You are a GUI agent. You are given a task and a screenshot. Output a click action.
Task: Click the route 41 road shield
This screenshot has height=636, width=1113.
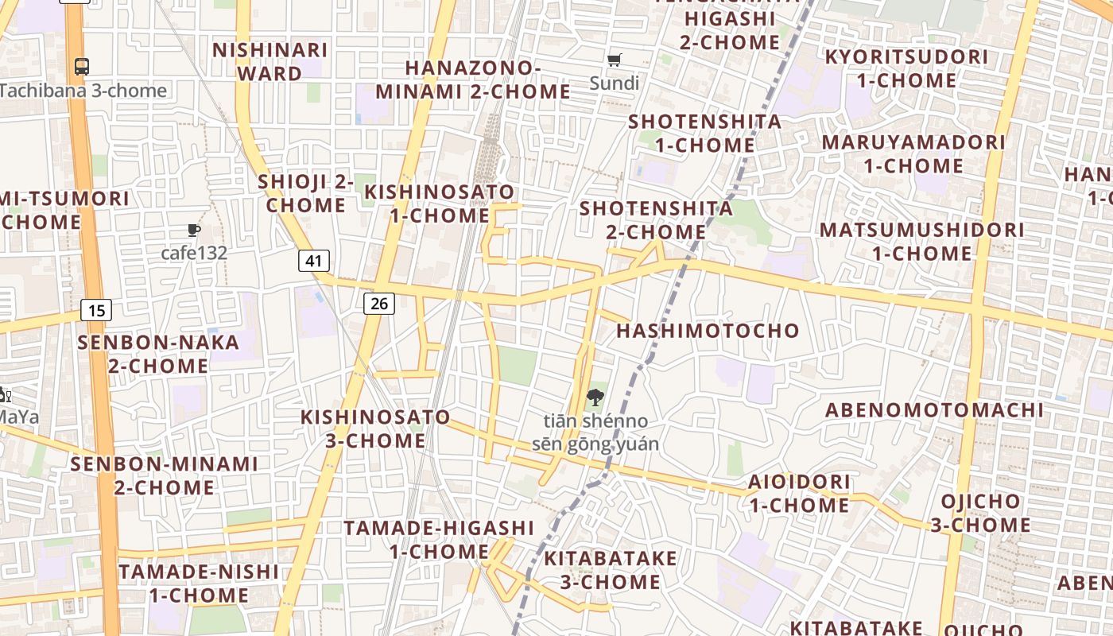point(314,260)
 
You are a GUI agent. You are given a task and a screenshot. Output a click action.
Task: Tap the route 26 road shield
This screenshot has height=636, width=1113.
point(380,303)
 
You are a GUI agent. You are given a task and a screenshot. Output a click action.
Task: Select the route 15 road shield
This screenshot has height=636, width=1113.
point(96,310)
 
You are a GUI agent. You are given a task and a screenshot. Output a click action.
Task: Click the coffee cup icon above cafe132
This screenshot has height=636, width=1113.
point(193,231)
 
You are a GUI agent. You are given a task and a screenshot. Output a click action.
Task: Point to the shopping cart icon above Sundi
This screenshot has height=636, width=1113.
point(615,60)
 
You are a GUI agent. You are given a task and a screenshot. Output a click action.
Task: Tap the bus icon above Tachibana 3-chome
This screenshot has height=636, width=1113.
point(82,67)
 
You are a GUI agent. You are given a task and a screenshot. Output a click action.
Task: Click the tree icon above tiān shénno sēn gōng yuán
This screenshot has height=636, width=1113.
point(595,397)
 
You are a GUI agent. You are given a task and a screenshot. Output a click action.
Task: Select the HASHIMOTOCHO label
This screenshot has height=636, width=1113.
point(708,331)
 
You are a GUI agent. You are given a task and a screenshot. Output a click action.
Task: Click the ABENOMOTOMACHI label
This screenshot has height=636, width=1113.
point(934,410)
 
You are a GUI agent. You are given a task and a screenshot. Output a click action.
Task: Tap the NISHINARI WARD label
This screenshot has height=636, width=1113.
point(271,61)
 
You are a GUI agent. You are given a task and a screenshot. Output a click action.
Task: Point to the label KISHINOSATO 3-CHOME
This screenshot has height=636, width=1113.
point(375,429)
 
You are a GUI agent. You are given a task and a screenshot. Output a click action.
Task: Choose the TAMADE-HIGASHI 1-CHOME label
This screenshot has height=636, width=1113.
point(439,539)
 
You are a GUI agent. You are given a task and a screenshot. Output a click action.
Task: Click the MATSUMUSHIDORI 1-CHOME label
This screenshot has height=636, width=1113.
point(922,242)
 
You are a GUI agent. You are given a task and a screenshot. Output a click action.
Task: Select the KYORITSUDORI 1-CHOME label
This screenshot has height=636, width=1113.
point(906,68)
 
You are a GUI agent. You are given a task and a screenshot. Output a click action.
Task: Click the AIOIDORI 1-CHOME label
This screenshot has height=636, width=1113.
point(799,493)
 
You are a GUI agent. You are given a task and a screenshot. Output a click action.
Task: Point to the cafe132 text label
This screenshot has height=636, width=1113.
point(194,254)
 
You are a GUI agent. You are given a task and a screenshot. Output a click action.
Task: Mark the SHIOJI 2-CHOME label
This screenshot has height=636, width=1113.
point(306,193)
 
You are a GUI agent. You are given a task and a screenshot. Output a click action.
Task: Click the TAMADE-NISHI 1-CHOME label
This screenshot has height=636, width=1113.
point(199,583)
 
